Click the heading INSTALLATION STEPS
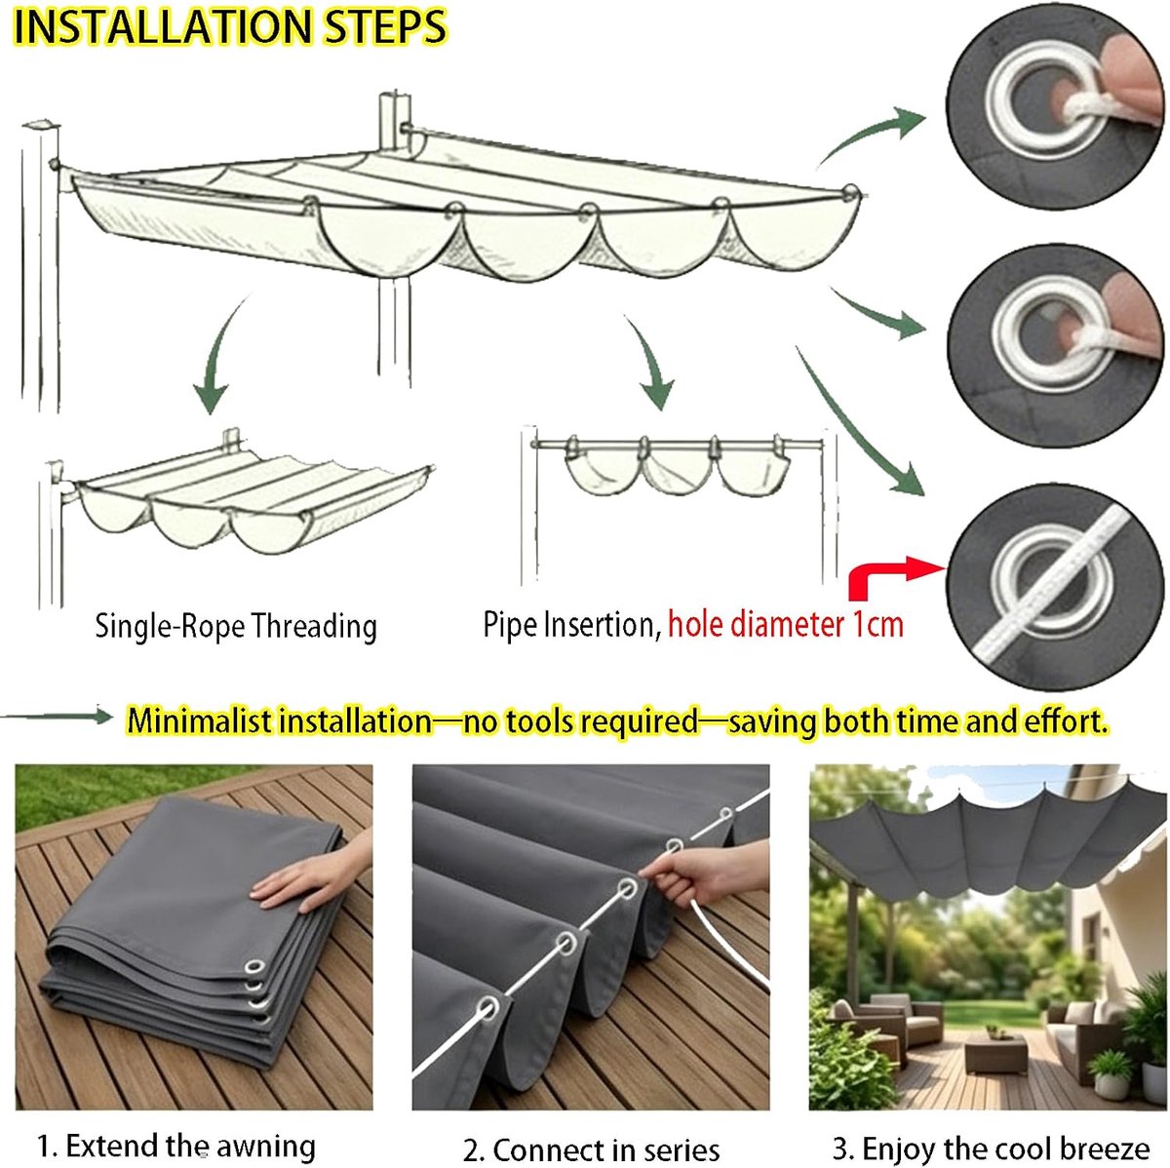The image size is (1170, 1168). point(230,26)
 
